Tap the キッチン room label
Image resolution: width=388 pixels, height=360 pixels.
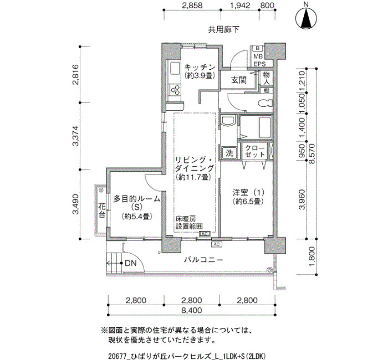[x=200, y=67]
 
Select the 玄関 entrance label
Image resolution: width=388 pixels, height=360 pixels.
[x=239, y=80]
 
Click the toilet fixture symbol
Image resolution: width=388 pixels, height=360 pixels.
[x=264, y=102]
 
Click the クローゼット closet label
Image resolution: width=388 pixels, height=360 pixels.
[x=255, y=151]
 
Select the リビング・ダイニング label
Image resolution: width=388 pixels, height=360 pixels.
[x=194, y=164]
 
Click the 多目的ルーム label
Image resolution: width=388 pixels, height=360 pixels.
[x=136, y=199]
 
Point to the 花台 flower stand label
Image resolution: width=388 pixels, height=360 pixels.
[x=101, y=210]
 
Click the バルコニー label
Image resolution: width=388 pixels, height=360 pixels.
[x=203, y=260]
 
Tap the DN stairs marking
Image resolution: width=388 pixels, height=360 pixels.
[x=130, y=263]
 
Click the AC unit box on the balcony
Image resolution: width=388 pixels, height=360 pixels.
[x=217, y=244]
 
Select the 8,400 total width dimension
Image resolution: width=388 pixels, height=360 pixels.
[x=191, y=310]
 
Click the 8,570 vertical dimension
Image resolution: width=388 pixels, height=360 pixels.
[x=312, y=154]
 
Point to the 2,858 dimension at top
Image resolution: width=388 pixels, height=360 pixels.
[x=192, y=5]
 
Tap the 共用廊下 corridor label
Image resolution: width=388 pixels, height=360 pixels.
[x=223, y=30]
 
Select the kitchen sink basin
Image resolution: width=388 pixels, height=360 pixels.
[x=175, y=68]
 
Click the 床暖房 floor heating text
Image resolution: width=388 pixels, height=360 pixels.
[x=186, y=219]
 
